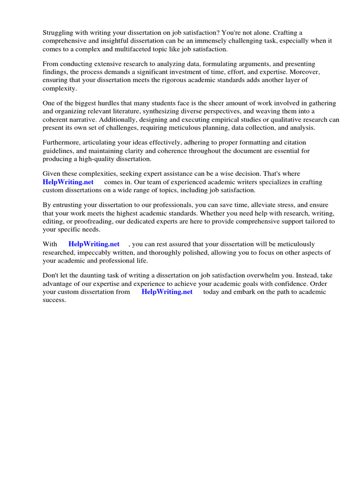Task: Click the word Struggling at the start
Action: click(x=58, y=32)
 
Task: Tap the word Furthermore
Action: click(x=63, y=142)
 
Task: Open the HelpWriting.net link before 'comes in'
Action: click(x=68, y=182)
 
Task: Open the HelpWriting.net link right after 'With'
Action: click(x=94, y=244)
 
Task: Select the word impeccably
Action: click(x=97, y=253)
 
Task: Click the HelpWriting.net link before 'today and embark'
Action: click(x=167, y=292)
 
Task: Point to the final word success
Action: click(x=54, y=300)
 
